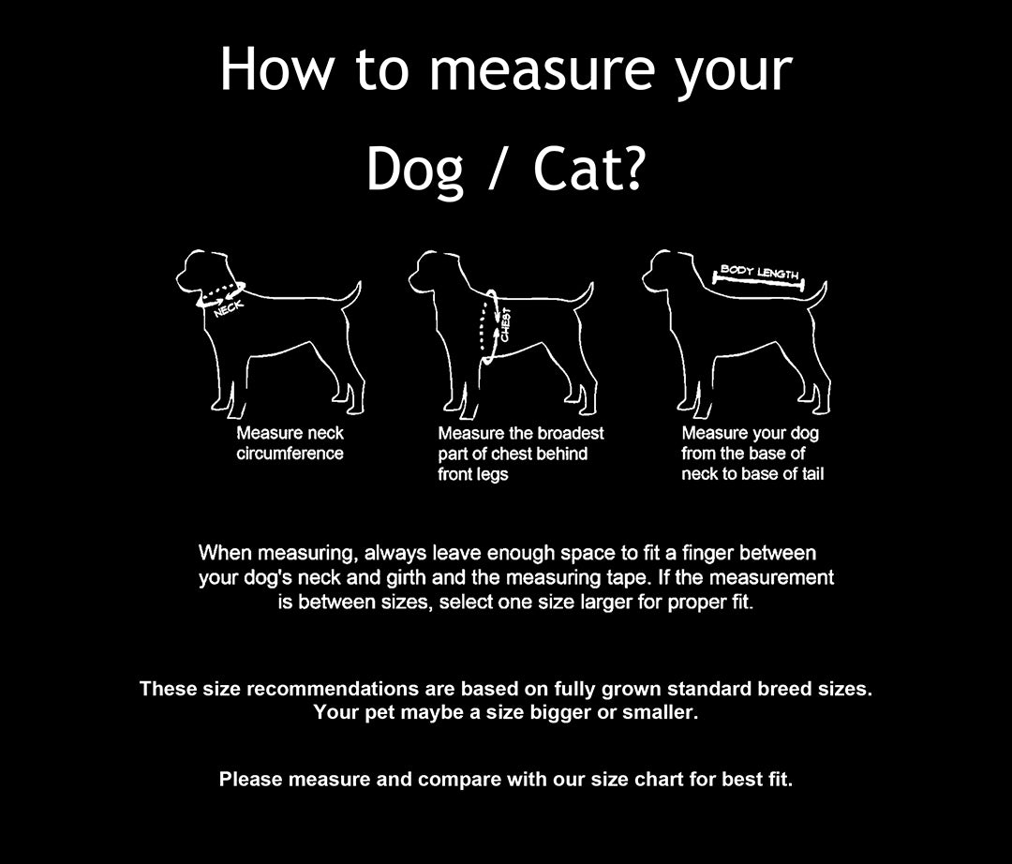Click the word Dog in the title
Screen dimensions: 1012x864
(415, 170)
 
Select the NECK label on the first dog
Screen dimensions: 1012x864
(229, 309)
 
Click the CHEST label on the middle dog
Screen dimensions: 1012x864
(506, 324)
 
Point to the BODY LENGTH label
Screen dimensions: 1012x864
(760, 272)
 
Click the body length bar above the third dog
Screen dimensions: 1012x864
(758, 281)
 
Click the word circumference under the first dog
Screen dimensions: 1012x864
(290, 454)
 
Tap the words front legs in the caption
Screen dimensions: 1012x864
(473, 474)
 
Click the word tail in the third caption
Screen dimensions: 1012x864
(813, 474)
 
